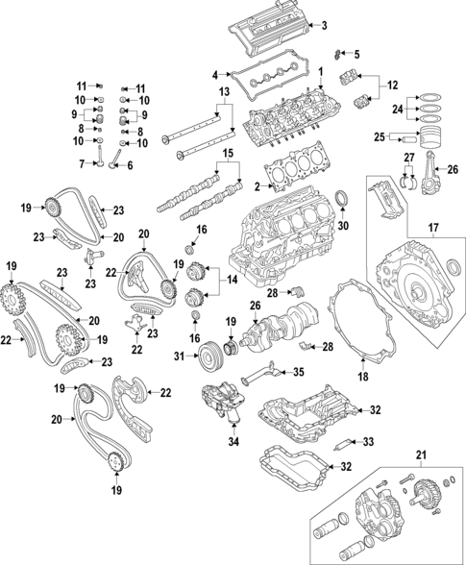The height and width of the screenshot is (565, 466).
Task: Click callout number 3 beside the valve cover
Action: pyautogui.click(x=324, y=25)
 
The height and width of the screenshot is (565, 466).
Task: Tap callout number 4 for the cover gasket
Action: pyautogui.click(x=215, y=72)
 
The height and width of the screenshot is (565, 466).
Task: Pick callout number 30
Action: pyautogui.click(x=345, y=227)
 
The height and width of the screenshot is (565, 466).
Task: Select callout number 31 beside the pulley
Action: pyautogui.click(x=179, y=358)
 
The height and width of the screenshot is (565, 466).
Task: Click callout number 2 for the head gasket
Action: pyautogui.click(x=258, y=184)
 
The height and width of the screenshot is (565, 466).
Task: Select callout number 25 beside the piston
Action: pyautogui.click(x=379, y=135)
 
